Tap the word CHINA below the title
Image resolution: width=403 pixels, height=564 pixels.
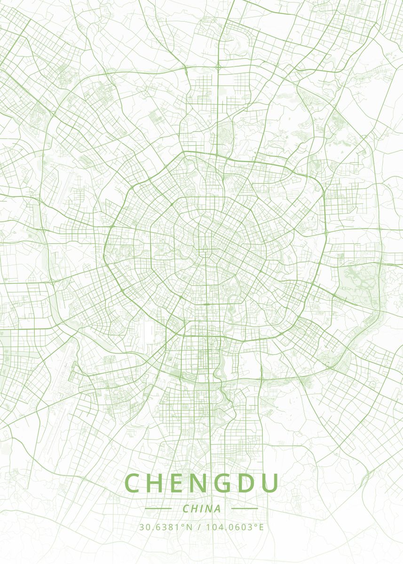(x=201, y=509)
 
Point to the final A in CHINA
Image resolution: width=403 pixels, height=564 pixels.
(x=217, y=509)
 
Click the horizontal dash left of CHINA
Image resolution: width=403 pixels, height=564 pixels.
(x=158, y=509)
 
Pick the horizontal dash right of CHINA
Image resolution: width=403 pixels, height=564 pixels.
(x=245, y=509)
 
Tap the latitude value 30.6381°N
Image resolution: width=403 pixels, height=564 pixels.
(x=166, y=527)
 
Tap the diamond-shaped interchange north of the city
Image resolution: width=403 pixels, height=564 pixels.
(x=218, y=67)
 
